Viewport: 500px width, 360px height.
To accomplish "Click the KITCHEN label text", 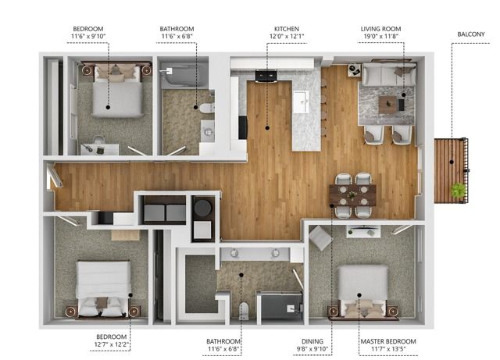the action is [287, 29].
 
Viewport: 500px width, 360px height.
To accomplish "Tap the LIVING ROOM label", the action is [380, 29].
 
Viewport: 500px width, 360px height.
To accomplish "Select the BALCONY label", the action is [471, 34].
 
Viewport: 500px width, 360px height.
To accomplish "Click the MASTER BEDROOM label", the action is [388, 341].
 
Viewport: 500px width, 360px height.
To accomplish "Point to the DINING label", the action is [312, 341].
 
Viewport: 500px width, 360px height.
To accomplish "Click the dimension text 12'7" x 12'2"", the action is [111, 344].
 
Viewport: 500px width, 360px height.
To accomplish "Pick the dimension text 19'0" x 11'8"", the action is [380, 36].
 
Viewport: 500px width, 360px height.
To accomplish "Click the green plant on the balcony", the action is [458, 190].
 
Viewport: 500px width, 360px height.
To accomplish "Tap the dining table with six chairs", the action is [352, 194].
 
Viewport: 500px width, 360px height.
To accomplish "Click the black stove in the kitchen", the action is [266, 77].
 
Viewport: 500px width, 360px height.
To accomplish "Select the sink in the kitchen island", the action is [302, 102].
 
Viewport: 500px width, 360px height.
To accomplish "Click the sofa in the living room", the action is [389, 75].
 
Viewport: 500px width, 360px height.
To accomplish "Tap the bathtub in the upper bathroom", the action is [184, 76].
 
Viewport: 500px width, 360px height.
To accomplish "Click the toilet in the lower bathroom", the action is [244, 311].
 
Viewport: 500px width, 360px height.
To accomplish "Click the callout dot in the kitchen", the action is [267, 128].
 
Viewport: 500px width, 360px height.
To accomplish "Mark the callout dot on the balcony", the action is [452, 162].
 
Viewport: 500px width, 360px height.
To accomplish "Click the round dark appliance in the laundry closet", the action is [203, 208].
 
